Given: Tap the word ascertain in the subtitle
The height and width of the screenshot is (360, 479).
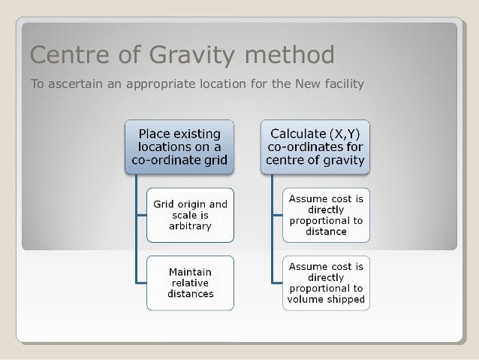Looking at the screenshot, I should pyautogui.click(x=75, y=83).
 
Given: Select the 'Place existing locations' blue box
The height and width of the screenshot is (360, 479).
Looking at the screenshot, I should pyautogui.click(x=179, y=147).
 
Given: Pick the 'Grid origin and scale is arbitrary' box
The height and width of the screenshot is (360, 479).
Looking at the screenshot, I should pyautogui.click(x=190, y=214).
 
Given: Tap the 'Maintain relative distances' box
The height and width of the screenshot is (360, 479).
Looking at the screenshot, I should pyautogui.click(x=190, y=283).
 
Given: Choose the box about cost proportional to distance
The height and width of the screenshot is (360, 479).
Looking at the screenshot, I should pyautogui.click(x=326, y=214).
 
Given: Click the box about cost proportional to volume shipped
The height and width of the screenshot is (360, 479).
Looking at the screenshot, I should pyautogui.click(x=326, y=283).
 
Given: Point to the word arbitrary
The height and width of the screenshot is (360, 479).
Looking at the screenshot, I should pyautogui.click(x=190, y=225).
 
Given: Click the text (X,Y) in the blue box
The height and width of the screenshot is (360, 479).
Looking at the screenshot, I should pyautogui.click(x=341, y=134).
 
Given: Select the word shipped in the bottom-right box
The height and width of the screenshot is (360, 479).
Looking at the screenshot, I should pyautogui.click(x=346, y=299).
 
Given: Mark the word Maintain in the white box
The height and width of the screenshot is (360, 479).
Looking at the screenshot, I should pyautogui.click(x=190, y=271).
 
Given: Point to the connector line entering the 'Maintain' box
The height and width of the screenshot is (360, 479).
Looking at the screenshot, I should pyautogui.click(x=141, y=283).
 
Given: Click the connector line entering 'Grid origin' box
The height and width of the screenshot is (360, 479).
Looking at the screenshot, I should pyautogui.click(x=141, y=214).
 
